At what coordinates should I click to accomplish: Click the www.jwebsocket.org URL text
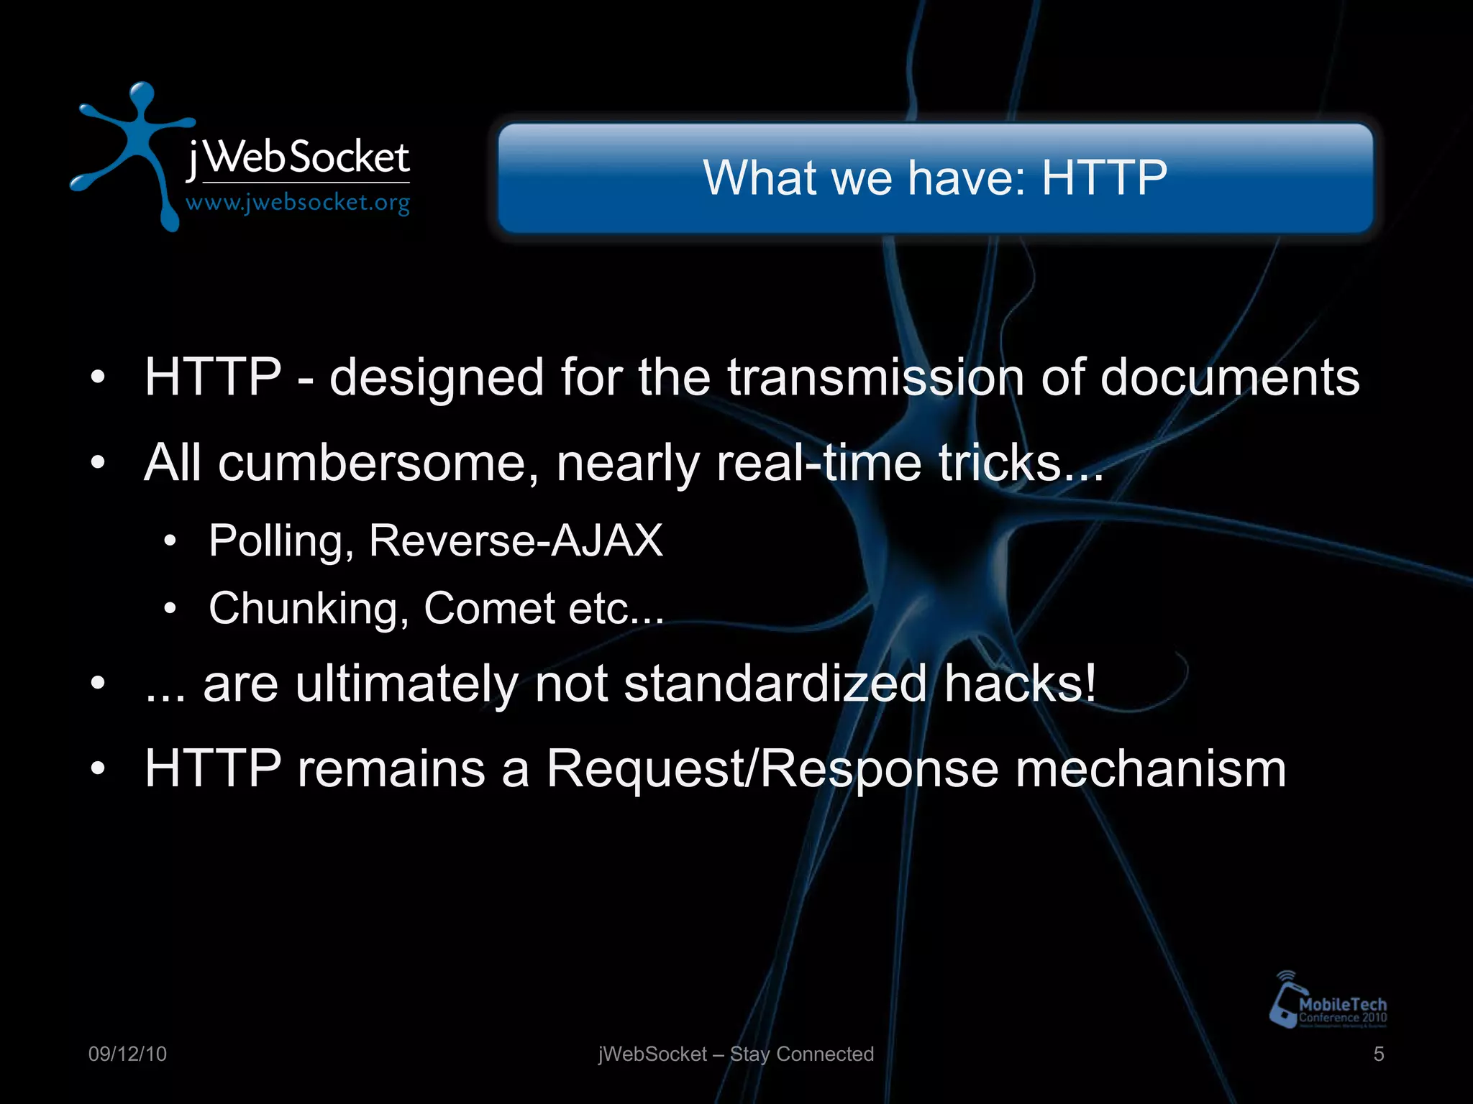(298, 203)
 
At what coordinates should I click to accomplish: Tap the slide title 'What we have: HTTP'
(935, 178)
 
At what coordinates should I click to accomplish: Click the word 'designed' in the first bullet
(437, 377)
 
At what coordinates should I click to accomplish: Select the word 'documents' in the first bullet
(1229, 377)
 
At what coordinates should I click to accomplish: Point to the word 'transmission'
(875, 377)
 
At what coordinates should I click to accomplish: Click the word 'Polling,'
(281, 540)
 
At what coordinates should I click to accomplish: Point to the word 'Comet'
(489, 609)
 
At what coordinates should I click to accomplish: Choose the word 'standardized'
(775, 684)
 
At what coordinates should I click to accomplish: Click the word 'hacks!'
(1021, 684)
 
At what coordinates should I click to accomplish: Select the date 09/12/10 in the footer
(127, 1054)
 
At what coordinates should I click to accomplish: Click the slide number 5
(1378, 1054)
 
